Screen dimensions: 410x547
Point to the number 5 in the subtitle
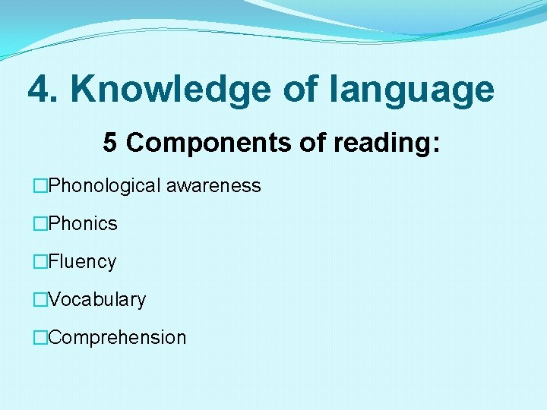111,143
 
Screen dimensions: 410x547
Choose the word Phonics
82,224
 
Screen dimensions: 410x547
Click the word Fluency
81,262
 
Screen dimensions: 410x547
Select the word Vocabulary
96,300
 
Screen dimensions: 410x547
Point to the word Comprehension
116,338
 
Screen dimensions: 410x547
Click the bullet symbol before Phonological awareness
40,186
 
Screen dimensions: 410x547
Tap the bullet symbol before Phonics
40,224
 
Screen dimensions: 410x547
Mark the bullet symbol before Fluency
40,262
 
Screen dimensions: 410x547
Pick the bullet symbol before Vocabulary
40,300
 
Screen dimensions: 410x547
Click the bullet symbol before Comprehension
40,338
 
